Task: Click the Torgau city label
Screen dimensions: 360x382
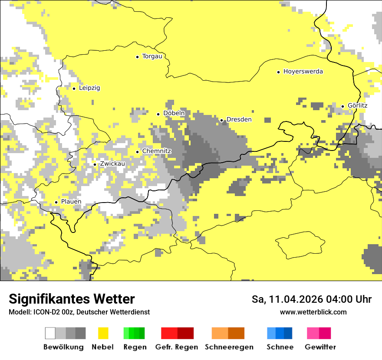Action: tap(152, 56)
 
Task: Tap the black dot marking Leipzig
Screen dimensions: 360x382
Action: tap(74, 88)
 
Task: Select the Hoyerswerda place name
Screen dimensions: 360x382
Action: tap(303, 72)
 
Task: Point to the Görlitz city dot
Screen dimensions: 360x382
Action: tap(342, 106)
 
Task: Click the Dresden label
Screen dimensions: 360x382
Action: tap(239, 119)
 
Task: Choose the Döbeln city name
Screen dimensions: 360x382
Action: tap(174, 113)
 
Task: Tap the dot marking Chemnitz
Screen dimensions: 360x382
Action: tap(138, 152)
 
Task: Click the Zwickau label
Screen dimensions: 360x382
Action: tap(112, 164)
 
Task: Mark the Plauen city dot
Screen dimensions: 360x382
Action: tap(56, 202)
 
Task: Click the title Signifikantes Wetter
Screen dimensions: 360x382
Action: tap(72, 299)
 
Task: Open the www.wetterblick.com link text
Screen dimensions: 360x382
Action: tap(313, 312)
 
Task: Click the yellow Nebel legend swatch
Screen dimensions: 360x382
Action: tap(103, 333)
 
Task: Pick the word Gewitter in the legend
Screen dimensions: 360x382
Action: tap(320, 347)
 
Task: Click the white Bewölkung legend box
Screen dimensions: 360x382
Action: tap(50, 333)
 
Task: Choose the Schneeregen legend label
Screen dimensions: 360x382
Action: tap(229, 347)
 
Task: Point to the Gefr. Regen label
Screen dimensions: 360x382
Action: tap(177, 347)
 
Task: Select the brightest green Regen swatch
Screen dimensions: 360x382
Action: tap(126, 333)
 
